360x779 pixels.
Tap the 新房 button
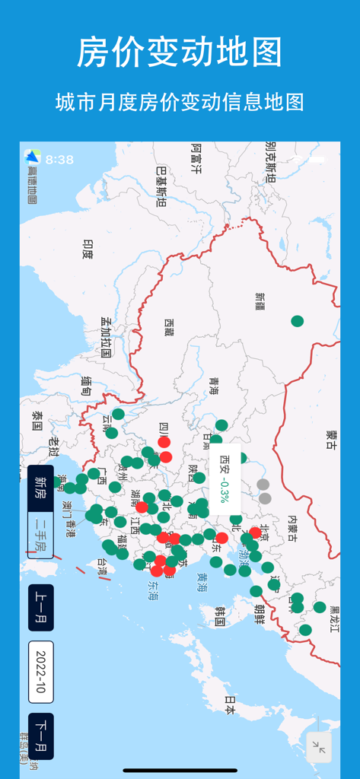40,488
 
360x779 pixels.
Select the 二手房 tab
40,535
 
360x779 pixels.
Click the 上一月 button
40,607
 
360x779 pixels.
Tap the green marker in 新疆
298,321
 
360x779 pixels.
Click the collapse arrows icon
319,749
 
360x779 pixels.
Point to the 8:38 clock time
59,160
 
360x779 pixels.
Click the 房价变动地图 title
180,52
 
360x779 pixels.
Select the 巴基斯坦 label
161,187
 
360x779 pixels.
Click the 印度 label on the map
88,249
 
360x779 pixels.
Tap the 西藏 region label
168,327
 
